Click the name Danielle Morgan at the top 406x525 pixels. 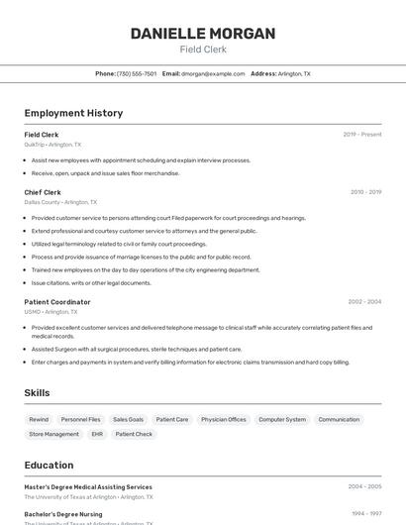point(203,34)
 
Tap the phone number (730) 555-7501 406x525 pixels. point(137,73)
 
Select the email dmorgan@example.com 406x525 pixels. point(213,73)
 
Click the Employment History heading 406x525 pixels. point(73,113)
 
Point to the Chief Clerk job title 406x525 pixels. point(43,192)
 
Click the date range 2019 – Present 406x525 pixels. point(362,134)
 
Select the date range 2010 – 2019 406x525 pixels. point(365,192)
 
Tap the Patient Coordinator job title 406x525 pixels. point(57,302)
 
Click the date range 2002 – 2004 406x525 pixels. point(364,302)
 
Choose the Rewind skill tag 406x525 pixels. point(39,420)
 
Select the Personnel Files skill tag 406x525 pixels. point(80,420)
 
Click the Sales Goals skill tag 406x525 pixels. point(128,420)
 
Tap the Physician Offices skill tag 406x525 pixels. point(224,420)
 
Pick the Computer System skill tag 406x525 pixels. point(282,420)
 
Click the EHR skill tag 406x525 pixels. point(97,434)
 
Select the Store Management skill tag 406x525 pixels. point(53,434)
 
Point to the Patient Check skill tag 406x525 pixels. point(134,434)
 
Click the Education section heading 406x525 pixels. point(49,465)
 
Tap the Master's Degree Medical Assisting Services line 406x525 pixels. point(88,487)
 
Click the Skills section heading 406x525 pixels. point(37,393)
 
